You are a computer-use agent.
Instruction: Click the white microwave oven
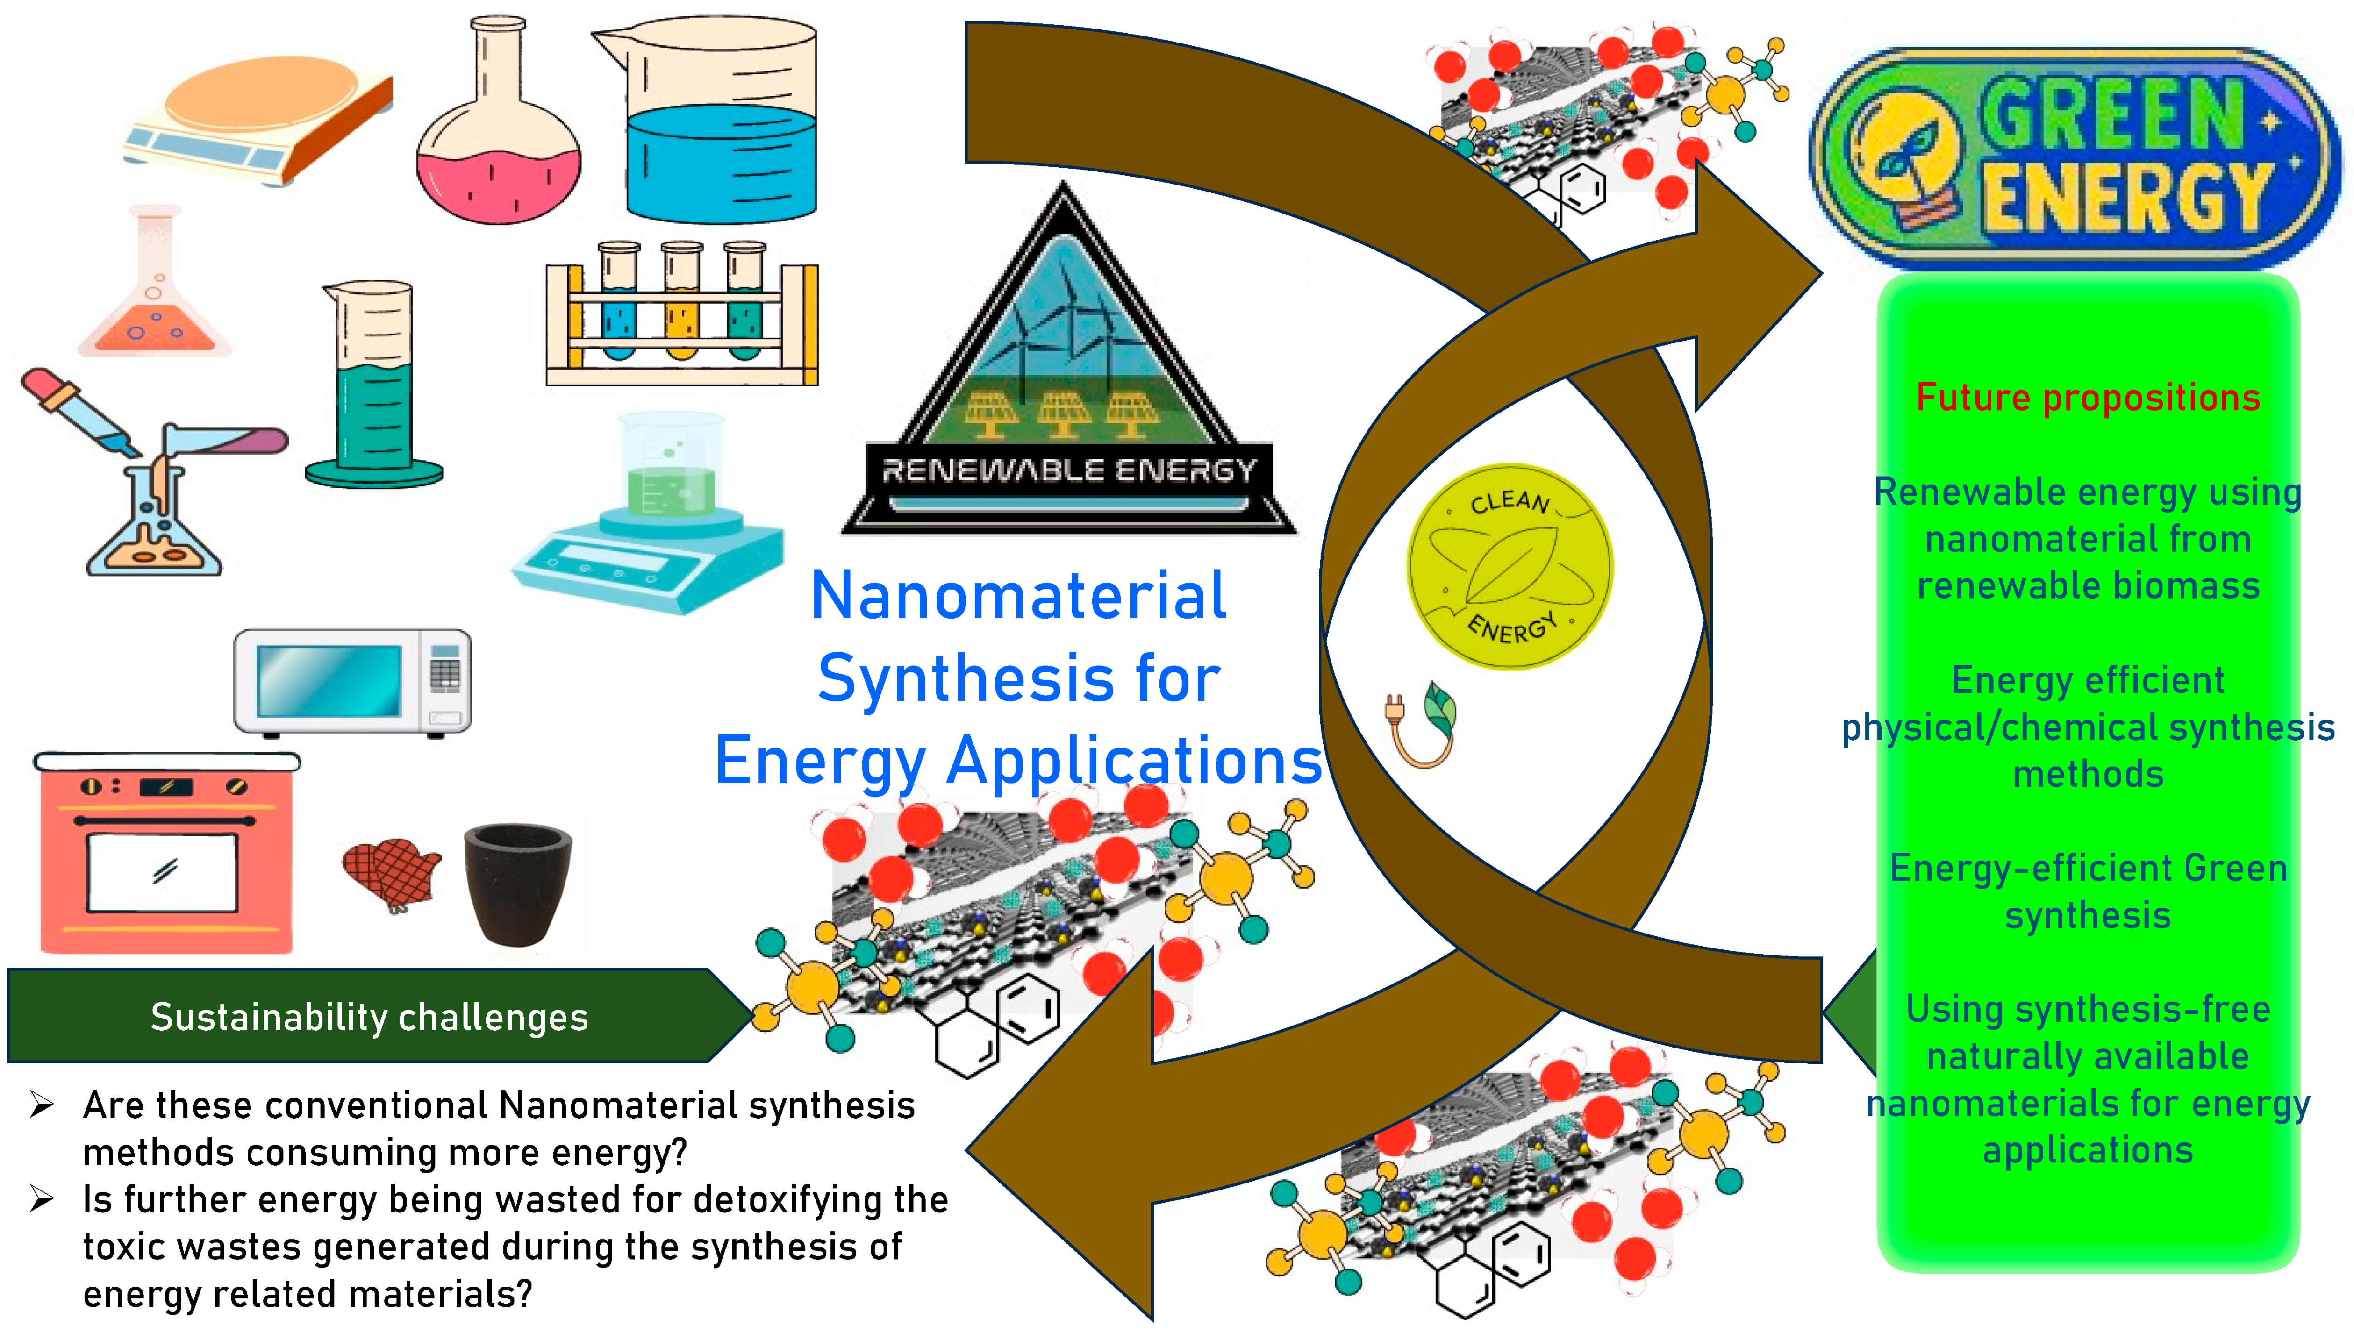tap(352, 682)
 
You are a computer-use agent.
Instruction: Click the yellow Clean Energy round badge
tap(1509, 568)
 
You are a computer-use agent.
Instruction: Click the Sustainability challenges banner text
tap(369, 1017)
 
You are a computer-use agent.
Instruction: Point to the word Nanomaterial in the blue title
tap(1018, 596)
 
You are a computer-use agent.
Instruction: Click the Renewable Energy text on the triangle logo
tap(1067, 470)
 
